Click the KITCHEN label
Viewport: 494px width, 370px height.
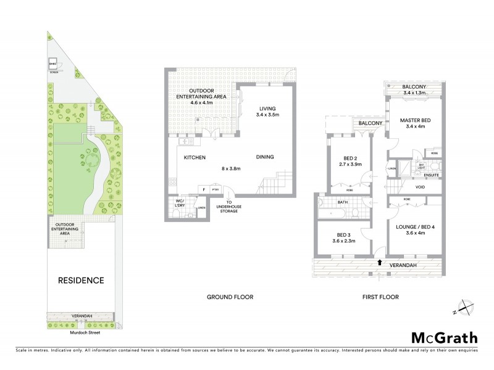point(195,157)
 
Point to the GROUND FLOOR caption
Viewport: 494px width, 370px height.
point(230,297)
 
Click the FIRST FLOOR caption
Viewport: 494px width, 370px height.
point(380,297)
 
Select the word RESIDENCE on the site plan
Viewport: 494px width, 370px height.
point(80,281)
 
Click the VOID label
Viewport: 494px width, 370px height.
point(420,187)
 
